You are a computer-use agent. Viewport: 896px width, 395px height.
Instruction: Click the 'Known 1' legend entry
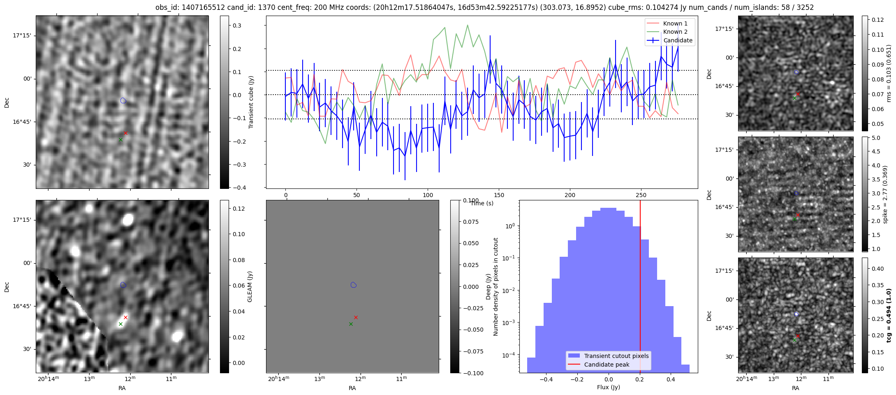tap(675, 23)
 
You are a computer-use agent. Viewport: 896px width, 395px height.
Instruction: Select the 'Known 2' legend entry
tap(675, 32)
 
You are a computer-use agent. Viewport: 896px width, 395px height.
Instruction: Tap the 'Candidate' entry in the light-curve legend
tap(678, 40)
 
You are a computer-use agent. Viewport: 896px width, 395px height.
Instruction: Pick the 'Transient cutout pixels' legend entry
tap(616, 356)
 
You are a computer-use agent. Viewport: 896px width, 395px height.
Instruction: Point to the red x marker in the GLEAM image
tap(125, 317)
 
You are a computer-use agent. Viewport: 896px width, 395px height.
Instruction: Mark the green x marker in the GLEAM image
tap(120, 324)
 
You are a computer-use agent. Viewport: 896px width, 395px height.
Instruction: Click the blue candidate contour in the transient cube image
tap(123, 100)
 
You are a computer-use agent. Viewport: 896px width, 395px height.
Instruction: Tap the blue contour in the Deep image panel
tap(353, 285)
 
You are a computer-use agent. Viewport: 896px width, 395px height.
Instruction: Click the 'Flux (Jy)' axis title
tap(608, 387)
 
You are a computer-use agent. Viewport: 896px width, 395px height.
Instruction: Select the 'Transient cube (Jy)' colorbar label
tap(251, 102)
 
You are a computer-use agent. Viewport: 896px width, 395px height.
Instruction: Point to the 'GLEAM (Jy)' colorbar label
tap(250, 286)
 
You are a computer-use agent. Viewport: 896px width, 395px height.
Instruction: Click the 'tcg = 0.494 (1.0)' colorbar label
tap(889, 315)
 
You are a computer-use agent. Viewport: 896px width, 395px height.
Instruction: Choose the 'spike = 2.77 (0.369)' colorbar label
tap(885, 194)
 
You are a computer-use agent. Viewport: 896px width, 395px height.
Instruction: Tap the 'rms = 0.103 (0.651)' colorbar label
tap(889, 73)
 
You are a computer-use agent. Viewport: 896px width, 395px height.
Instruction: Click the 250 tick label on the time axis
tap(641, 195)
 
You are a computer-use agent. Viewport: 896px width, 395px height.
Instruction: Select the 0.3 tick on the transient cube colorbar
tap(237, 26)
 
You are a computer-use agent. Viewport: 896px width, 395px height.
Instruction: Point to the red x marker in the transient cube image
tap(125, 133)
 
